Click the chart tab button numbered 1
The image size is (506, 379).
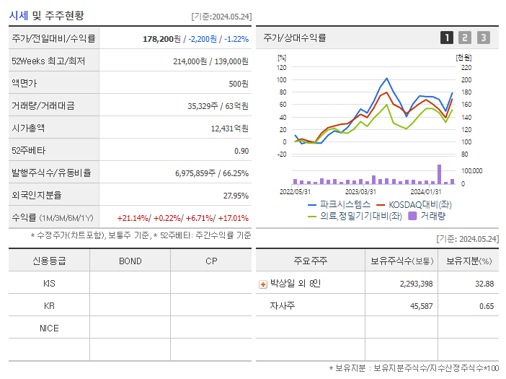pyautogui.click(x=447, y=38)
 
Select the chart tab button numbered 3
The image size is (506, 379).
pyautogui.click(x=483, y=38)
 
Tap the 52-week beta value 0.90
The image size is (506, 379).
pyautogui.click(x=241, y=150)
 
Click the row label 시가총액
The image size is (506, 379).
pyautogui.click(x=28, y=128)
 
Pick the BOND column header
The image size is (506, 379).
pyautogui.click(x=130, y=261)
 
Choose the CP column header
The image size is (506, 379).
pyautogui.click(x=211, y=261)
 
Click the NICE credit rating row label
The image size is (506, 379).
pyautogui.click(x=49, y=328)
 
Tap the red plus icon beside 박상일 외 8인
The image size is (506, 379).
pyautogui.click(x=262, y=284)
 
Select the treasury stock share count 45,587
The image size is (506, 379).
pyautogui.click(x=417, y=306)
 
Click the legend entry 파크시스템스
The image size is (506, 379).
pyautogui.click(x=339, y=205)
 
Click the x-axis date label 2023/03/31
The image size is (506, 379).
pyautogui.click(x=360, y=191)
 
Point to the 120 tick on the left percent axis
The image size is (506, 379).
pyautogui.click(x=282, y=67)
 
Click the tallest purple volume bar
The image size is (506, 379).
pyautogui.click(x=439, y=174)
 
